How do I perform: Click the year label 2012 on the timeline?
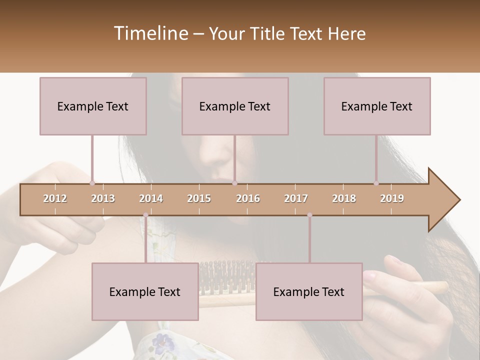(x=55, y=198)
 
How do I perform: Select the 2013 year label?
(x=103, y=198)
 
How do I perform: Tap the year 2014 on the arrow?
(x=151, y=198)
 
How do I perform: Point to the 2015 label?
(x=199, y=198)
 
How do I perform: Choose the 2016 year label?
(x=248, y=198)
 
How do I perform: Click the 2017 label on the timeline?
(x=296, y=198)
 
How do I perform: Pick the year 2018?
(x=344, y=198)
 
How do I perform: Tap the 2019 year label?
(x=392, y=198)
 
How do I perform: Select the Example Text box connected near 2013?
(x=93, y=106)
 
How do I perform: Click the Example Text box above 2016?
(x=235, y=106)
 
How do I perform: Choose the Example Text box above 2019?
(x=377, y=106)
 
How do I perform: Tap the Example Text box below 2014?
(x=145, y=291)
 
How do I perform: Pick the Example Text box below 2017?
(x=309, y=291)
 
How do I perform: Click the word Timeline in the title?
(x=150, y=33)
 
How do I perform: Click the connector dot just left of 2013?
(x=92, y=183)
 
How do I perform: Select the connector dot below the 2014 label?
(x=145, y=215)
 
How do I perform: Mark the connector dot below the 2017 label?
(x=309, y=215)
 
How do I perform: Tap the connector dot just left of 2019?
(x=376, y=183)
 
